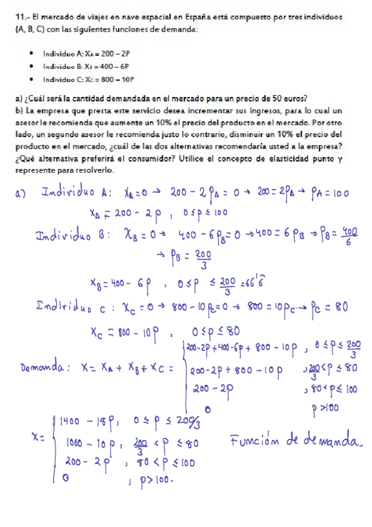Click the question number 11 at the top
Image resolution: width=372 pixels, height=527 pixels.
(20, 16)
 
